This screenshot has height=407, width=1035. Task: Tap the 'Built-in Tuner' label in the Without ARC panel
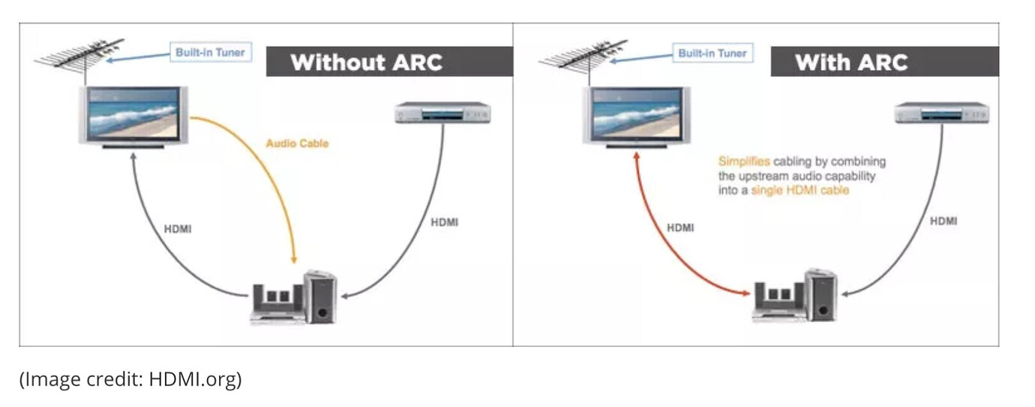[x=210, y=53]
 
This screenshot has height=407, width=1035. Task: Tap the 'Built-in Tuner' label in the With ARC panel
[x=712, y=53]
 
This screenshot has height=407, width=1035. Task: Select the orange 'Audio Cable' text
[x=297, y=143]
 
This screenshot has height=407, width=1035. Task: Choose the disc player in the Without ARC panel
[x=442, y=114]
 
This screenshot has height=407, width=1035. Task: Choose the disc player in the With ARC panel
[x=942, y=114]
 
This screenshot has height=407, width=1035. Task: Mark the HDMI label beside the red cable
[x=680, y=228]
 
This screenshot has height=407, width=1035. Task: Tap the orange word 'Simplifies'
[x=744, y=161]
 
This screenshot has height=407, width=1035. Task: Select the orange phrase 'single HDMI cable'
[x=799, y=191]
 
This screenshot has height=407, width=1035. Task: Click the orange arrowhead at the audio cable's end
[x=295, y=257]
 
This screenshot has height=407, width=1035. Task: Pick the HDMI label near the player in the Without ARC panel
[x=445, y=222]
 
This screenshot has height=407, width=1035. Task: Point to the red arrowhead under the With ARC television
[x=637, y=155]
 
